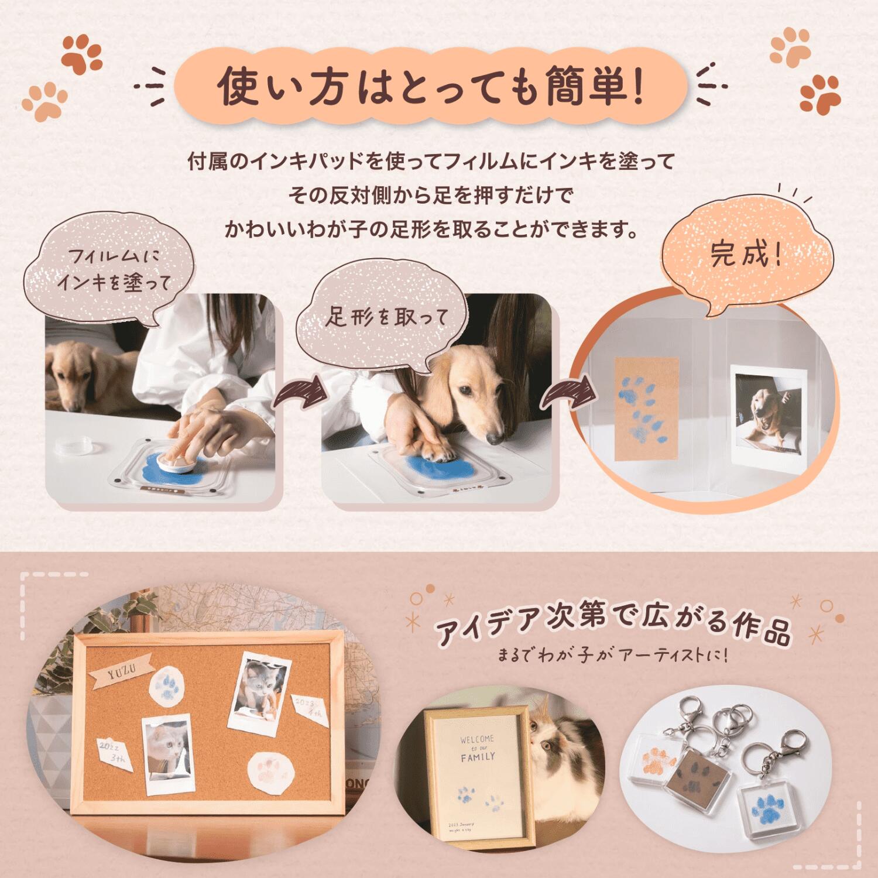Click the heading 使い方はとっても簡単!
[430, 87]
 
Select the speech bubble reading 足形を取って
[386, 317]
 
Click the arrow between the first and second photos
[299, 393]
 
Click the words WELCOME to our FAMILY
[477, 747]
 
